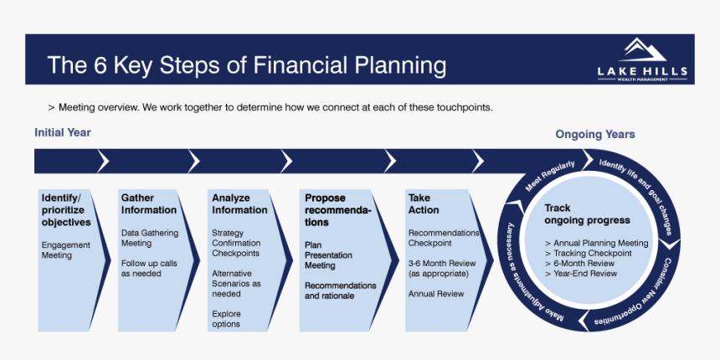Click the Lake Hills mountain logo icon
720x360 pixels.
642,49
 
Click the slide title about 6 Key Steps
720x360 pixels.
246,64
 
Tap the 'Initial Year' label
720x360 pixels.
63,132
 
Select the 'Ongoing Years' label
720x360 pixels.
594,134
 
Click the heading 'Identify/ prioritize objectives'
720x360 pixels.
66,210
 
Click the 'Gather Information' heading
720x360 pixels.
149,204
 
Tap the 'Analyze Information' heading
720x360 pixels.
239,204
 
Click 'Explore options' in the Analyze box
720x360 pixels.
226,319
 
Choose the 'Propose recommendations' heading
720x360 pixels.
337,210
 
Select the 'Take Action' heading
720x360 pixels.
424,204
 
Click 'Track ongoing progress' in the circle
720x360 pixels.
587,214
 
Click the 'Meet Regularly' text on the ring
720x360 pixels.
550,176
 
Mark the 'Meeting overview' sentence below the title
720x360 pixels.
270,107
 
